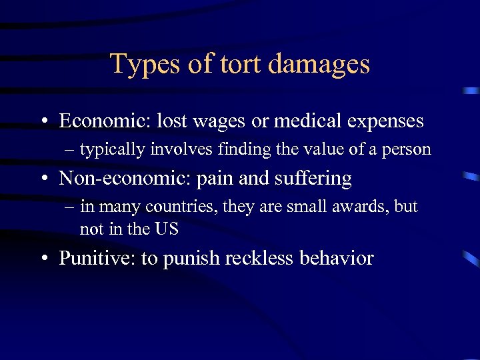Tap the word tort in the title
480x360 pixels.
point(234,64)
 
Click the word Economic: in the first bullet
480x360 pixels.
point(105,121)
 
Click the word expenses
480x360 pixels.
point(386,122)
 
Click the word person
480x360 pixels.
point(407,149)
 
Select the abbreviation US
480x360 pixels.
point(167,229)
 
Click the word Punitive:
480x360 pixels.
point(97,258)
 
